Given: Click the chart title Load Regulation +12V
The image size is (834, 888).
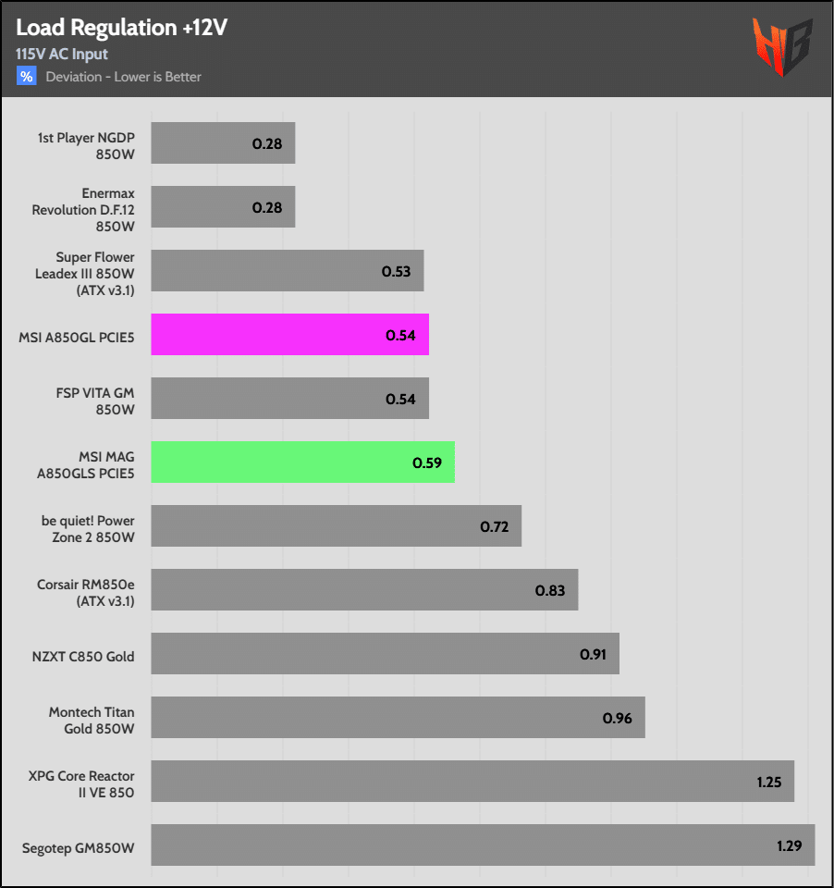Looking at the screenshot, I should [x=121, y=28].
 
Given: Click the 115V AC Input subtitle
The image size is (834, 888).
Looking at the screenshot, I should [x=62, y=54].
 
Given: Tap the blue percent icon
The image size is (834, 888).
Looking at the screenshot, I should [x=26, y=76].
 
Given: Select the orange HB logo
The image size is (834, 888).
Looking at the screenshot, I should [x=782, y=46].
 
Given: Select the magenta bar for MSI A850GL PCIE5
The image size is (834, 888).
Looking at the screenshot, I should [x=289, y=335].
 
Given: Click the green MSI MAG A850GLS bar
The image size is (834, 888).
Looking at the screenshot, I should [x=302, y=462].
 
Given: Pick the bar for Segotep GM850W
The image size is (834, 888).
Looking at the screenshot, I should [x=483, y=845].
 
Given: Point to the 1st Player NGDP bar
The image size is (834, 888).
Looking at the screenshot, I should [x=223, y=143].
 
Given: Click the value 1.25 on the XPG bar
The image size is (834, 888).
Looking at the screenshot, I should [x=768, y=782].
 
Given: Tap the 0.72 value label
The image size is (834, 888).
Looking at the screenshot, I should [x=495, y=526].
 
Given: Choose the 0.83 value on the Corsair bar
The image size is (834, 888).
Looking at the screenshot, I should [x=550, y=590].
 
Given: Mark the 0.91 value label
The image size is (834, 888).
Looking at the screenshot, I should [x=593, y=654].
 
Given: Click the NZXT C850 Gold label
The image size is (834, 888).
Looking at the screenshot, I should [x=83, y=657].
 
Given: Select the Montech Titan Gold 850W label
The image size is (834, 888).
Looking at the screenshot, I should [x=92, y=721].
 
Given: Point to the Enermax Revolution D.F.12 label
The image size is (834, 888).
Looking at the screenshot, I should [x=83, y=209].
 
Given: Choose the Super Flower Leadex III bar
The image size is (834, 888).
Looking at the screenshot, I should [x=287, y=271].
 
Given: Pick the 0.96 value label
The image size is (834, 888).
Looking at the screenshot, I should [x=617, y=718].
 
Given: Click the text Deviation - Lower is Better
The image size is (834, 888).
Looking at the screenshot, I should [x=124, y=77].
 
